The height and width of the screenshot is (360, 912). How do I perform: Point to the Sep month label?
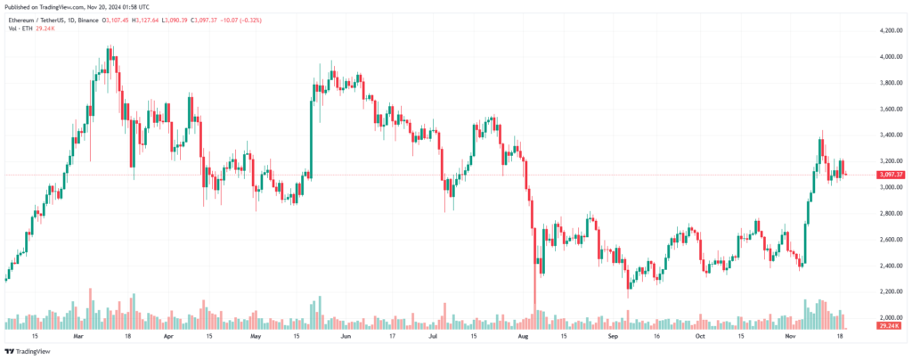coord(613,338)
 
